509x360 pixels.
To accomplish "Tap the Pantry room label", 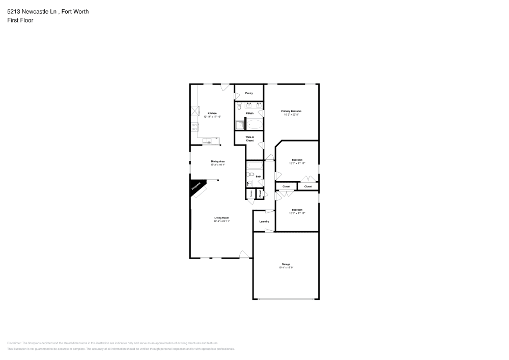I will (x=249, y=93).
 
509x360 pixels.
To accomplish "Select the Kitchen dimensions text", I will (x=212, y=117).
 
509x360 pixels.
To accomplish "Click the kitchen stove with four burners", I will (x=194, y=127).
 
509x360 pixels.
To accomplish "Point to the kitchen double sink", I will (x=208, y=141).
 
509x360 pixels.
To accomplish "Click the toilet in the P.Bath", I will (x=239, y=107).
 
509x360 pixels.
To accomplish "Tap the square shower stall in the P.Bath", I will (x=239, y=125).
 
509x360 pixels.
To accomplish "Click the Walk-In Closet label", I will (x=250, y=139).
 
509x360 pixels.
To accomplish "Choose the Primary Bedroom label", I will (x=292, y=111).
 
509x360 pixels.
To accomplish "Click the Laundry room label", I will (x=264, y=221).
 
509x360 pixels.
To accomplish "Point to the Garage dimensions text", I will (x=286, y=267).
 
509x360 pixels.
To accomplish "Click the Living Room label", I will (x=221, y=217).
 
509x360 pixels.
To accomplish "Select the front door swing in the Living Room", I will (x=244, y=254).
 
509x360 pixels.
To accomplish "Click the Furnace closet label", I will (x=251, y=194).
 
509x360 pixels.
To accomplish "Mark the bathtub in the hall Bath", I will (x=254, y=166).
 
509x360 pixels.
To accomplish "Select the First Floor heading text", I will (x=20, y=20).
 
